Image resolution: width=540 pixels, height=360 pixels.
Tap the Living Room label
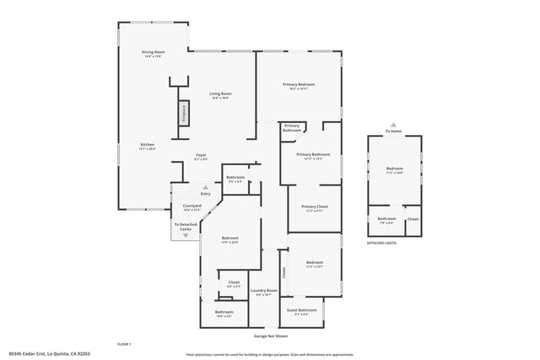pos(220,95)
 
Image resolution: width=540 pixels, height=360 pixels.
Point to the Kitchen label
pos(148,147)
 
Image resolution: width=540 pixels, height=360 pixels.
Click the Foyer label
pos(201,157)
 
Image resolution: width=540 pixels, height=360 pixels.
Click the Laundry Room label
pos(266,293)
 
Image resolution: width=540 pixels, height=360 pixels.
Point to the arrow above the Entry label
pos(204,188)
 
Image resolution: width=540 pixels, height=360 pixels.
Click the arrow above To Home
pos(393,125)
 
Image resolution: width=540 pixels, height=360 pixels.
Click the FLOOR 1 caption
pos(124,344)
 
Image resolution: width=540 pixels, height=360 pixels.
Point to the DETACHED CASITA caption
pos(381,243)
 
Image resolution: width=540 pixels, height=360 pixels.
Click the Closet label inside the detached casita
pos(413,219)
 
